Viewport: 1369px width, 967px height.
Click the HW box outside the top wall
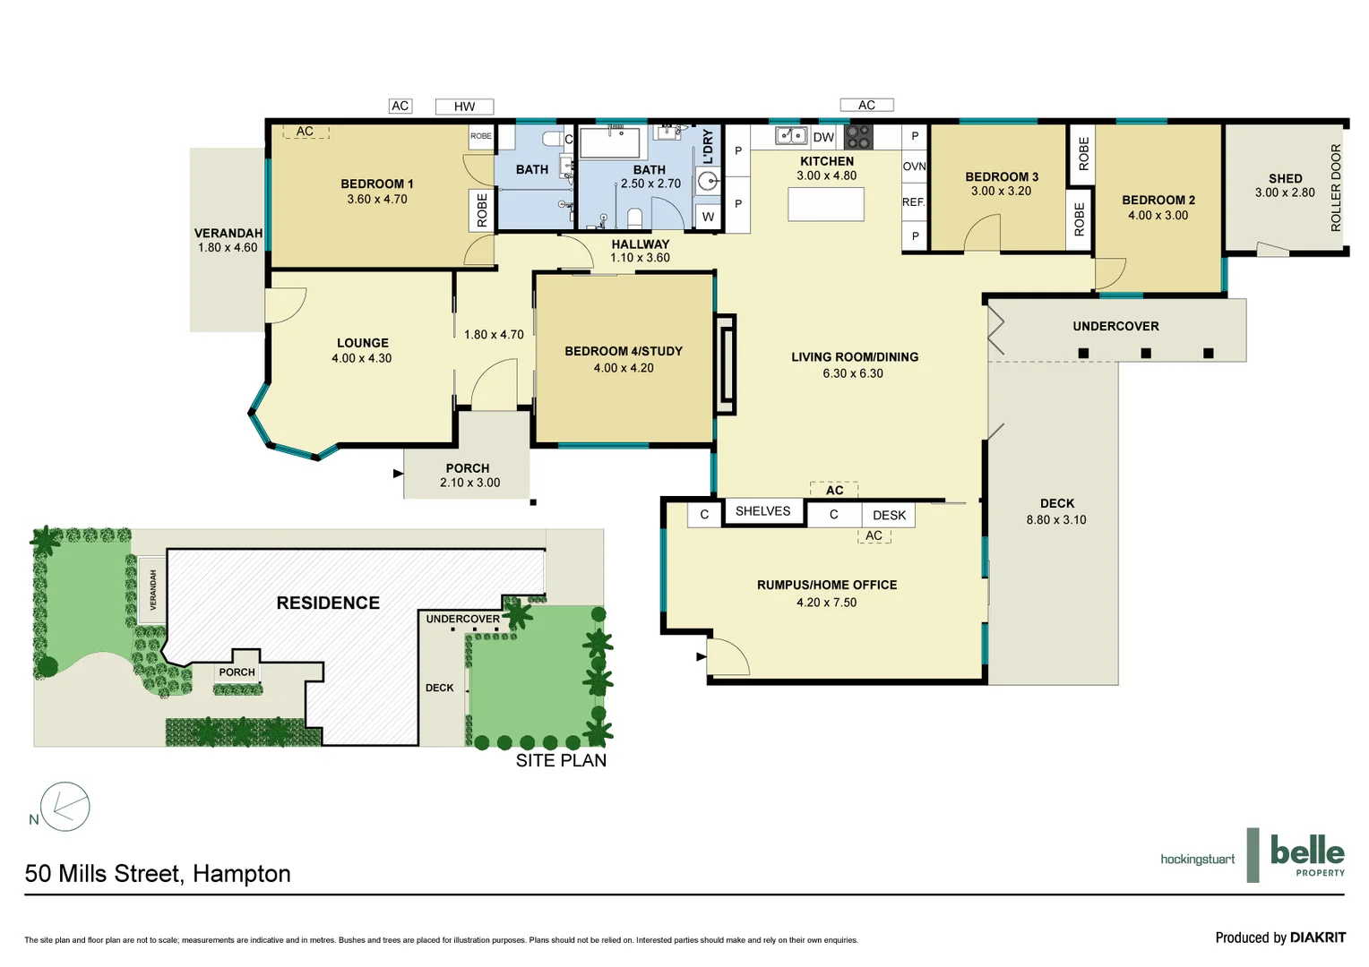click(464, 107)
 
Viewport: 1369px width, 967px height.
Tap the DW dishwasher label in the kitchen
click(823, 137)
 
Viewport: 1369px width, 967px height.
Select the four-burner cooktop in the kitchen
click(858, 137)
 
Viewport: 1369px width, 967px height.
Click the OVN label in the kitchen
click(914, 167)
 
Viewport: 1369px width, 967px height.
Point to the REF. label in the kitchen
click(913, 202)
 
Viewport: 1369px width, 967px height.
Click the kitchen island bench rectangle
click(825, 204)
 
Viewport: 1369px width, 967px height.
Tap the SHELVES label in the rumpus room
click(762, 511)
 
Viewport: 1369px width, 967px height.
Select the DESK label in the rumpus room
click(889, 515)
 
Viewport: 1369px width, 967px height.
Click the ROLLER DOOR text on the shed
click(1336, 188)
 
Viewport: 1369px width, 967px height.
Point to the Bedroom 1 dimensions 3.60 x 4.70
click(377, 200)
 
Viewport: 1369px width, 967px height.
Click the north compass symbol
click(65, 807)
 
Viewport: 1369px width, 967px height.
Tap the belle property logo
click(1306, 854)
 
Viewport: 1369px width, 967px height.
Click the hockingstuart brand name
click(1197, 860)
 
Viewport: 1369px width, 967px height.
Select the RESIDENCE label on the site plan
click(328, 603)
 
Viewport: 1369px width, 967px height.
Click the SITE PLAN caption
click(561, 760)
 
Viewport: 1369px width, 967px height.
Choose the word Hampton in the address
click(242, 874)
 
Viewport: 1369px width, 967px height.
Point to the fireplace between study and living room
click(726, 364)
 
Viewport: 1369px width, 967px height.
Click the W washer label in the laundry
click(708, 217)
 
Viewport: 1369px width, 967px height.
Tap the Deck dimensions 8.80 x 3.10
click(1056, 519)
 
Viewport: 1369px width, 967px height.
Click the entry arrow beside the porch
click(398, 474)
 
